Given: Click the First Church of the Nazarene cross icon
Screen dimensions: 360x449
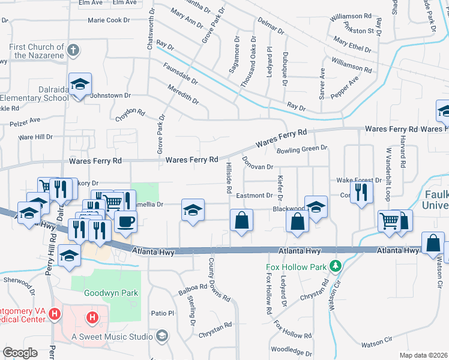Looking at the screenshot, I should [73, 50].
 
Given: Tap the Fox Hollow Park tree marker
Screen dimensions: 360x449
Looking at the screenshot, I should [338, 265].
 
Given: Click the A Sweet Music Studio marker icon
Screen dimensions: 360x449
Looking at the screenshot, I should [161, 336].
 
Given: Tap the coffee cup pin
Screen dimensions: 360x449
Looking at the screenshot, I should [125, 221].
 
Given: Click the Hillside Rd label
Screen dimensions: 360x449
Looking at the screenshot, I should [229, 178].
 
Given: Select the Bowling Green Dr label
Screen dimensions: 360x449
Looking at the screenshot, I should [301, 148].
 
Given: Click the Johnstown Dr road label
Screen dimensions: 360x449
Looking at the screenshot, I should [110, 95].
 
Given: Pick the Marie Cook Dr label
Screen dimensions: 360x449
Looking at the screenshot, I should [109, 20].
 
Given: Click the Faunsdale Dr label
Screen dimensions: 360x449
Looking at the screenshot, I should [179, 76].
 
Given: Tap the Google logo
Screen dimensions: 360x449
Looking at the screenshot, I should [20, 353].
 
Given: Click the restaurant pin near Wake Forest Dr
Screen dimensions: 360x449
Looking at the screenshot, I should [361, 191].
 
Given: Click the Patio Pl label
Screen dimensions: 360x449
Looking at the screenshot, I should [162, 313].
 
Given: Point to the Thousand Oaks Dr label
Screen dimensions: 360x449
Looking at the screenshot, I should [244, 67].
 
